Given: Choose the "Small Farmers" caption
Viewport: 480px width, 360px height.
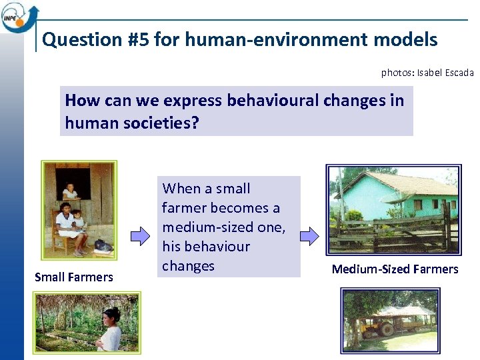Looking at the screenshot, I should pos(74,277).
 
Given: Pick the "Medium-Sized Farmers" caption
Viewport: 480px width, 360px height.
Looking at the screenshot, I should pos(395,269).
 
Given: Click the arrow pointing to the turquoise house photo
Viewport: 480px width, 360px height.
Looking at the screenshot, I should pos(309,235).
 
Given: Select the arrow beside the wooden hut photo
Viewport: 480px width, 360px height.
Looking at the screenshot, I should pos(139,235).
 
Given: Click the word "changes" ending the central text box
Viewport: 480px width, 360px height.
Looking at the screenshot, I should pos(189,266).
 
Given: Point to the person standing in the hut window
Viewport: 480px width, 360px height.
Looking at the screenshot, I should pos(69,192).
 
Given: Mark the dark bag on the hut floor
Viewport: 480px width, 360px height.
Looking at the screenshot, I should pos(103,245).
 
